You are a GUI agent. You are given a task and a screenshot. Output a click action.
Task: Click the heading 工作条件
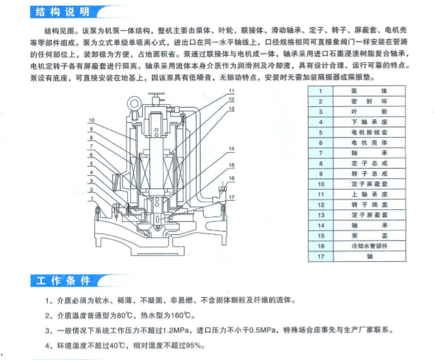coord(61,281)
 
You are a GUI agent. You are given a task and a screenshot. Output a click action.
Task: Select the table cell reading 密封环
coord(370,102)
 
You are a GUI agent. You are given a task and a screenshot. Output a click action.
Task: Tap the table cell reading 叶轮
coord(370,111)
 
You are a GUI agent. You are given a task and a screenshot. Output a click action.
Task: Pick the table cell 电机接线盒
coord(370,132)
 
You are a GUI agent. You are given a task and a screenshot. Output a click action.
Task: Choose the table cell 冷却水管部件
coord(370,246)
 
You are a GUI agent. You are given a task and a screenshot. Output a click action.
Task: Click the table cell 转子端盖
coord(370,205)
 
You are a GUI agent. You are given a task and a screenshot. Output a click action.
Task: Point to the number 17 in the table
coord(321,257)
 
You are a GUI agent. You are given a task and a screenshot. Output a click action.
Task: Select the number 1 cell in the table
coord(321,91)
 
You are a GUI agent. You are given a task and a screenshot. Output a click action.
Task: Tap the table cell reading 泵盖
coord(370,235)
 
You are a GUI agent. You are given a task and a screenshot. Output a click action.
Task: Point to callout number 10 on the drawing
coord(92,120)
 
